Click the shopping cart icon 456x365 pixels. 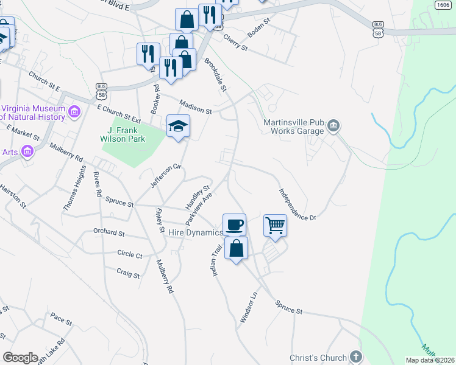click(276, 226)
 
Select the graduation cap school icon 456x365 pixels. click(179, 126)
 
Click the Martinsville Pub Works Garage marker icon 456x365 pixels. click(333, 127)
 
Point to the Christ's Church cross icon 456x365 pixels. click(356, 357)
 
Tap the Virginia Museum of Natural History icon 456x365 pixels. click(75, 111)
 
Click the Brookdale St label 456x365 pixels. click(215, 75)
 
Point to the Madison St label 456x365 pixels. click(195, 107)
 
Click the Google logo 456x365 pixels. click(20, 357)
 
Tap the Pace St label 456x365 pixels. click(62, 318)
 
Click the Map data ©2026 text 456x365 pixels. click(429, 360)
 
